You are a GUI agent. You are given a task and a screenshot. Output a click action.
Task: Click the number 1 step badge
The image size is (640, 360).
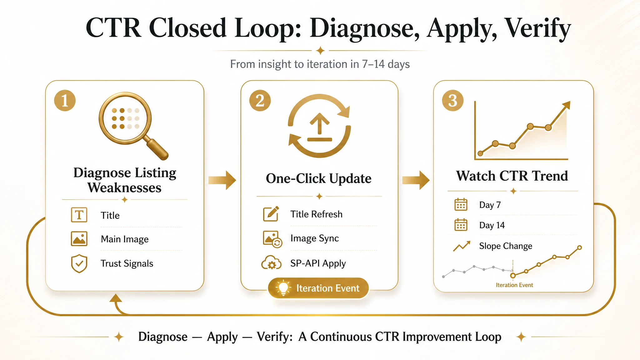(65, 101)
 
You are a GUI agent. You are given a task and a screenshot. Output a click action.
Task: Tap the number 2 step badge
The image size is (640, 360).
(260, 101)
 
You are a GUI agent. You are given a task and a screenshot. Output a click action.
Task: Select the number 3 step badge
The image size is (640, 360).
(453, 101)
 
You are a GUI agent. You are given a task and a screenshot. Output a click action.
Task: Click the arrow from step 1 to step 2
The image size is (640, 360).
(222, 180)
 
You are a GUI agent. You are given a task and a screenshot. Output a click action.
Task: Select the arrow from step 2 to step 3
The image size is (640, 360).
(416, 180)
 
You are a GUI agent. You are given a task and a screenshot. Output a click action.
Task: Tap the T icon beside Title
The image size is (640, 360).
(79, 215)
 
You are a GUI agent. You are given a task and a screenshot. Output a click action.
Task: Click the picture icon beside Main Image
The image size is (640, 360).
(79, 239)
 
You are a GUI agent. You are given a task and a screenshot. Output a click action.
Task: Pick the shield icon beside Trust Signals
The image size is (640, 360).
(79, 263)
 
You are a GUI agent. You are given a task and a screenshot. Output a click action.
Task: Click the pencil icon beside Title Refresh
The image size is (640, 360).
(271, 214)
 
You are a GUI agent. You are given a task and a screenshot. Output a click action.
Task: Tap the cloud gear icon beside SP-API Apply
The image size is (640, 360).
(271, 263)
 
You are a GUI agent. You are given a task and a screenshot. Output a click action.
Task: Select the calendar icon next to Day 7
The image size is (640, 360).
(461, 204)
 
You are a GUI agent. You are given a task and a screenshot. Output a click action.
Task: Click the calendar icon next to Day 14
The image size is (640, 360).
(461, 225)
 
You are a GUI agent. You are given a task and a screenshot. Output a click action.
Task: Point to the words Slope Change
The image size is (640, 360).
(506, 246)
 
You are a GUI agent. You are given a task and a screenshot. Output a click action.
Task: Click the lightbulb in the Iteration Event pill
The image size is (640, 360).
(283, 287)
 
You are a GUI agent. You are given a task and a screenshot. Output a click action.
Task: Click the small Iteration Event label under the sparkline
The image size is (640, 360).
(514, 285)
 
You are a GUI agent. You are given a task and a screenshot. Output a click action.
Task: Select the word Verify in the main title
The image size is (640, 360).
(538, 29)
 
